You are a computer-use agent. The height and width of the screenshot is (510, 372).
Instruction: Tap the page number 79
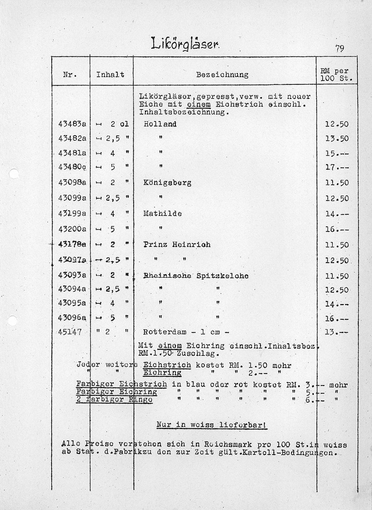(340, 48)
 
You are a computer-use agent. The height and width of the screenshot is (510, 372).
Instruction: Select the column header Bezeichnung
(222, 75)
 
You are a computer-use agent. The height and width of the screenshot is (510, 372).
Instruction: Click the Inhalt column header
(110, 75)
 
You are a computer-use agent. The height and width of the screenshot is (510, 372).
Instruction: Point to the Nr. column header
(70, 75)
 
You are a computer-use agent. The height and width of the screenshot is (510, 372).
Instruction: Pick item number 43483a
(72, 124)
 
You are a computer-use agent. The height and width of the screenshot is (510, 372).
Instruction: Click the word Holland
(160, 124)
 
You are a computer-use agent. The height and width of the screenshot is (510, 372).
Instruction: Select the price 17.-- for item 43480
(337, 168)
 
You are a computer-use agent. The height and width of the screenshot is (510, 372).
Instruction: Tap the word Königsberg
(167, 183)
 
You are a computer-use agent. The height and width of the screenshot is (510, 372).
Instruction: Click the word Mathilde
(162, 214)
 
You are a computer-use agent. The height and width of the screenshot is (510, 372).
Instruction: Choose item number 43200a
(72, 229)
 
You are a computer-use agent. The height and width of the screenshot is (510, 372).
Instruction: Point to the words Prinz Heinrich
(177, 244)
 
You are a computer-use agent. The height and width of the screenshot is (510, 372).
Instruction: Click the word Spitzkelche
(222, 276)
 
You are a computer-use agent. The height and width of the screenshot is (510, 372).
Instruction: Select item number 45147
(70, 332)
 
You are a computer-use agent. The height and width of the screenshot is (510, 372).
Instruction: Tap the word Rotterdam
(165, 332)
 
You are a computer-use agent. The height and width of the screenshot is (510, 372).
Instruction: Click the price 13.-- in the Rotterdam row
(337, 332)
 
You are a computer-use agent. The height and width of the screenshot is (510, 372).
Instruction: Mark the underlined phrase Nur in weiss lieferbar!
(212, 425)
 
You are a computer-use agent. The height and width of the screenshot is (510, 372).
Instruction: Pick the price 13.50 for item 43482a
(337, 139)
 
